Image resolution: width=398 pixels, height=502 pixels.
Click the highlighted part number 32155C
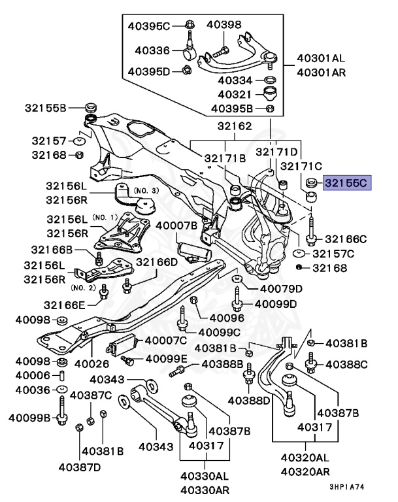(x=346, y=182)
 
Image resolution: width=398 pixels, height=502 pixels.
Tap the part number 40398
(x=224, y=25)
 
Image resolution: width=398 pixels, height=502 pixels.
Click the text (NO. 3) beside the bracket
(x=146, y=190)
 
